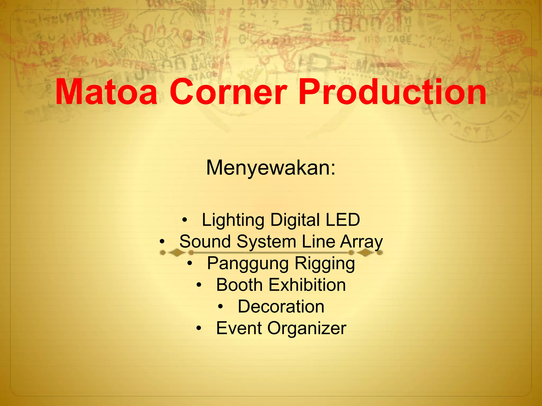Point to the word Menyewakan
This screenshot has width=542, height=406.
click(271, 168)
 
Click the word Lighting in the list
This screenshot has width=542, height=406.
click(233, 220)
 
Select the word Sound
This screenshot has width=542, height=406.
click(205, 241)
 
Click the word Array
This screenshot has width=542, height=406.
click(361, 242)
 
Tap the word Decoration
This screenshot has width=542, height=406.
click(281, 307)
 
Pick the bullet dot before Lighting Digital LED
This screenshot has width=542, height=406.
click(185, 220)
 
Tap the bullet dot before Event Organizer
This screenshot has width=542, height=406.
click(199, 329)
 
